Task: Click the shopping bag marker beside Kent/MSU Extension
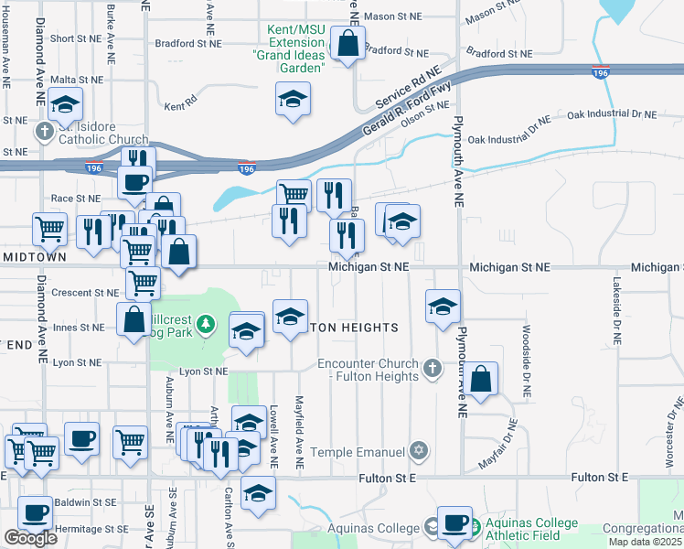[x=347, y=43]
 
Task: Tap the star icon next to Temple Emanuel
[x=419, y=451]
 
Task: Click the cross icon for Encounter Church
[x=433, y=369]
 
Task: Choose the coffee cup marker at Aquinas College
[x=454, y=522]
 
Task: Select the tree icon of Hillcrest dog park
[x=207, y=323]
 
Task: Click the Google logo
[x=30, y=538]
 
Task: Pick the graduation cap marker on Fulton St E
[x=259, y=493]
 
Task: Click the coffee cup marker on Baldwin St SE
[x=36, y=513]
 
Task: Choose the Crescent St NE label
[x=86, y=293]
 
